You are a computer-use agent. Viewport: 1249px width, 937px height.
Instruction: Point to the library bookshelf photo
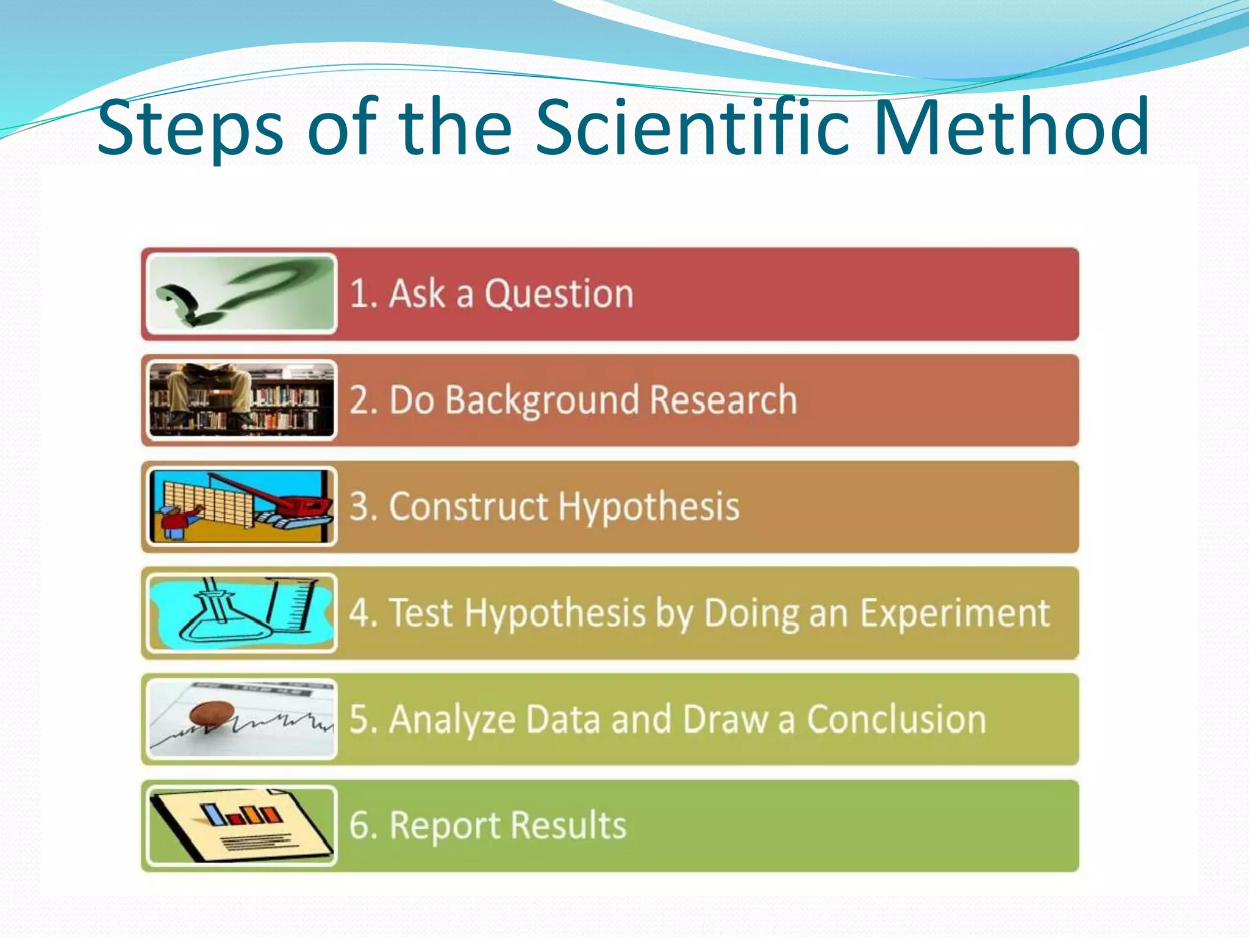pyautogui.click(x=242, y=400)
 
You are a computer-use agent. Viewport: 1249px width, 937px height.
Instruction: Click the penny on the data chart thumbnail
pyautogui.click(x=212, y=713)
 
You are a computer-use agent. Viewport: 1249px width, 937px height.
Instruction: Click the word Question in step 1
pyautogui.click(x=559, y=294)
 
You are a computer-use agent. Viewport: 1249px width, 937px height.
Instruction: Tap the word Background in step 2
pyautogui.click(x=542, y=401)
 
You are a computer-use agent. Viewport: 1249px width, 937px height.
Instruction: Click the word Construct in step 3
pyautogui.click(x=468, y=506)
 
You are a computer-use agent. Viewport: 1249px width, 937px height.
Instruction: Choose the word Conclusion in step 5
pyautogui.click(x=896, y=719)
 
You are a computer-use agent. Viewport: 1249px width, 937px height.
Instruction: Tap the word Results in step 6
pyautogui.click(x=568, y=826)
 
